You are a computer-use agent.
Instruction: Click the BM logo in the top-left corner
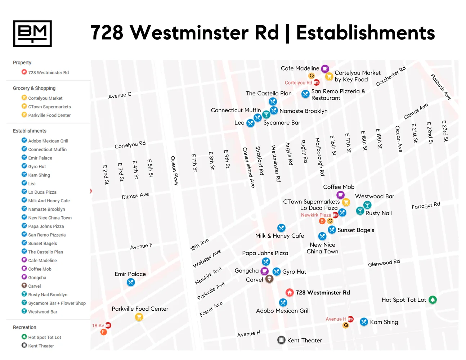tap(32, 33)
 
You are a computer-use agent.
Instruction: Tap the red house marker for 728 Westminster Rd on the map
tap(290, 292)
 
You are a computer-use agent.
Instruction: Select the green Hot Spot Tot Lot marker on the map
tap(433, 300)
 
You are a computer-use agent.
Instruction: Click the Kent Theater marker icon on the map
tap(281, 340)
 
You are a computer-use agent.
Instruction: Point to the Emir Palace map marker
tap(131, 282)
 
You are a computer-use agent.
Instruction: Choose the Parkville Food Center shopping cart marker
tap(139, 317)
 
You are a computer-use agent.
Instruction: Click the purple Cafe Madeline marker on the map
tap(325, 68)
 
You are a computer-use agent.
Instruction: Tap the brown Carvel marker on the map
tap(269, 279)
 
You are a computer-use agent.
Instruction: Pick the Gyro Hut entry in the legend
tap(37, 167)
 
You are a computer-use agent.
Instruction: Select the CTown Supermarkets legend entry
tap(49, 107)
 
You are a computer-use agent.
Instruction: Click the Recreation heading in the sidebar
tap(24, 327)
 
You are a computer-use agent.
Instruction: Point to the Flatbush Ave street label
tap(441, 87)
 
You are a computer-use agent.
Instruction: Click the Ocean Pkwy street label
tap(174, 170)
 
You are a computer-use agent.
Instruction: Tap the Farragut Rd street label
tap(426, 206)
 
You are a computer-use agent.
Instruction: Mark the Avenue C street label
tap(120, 95)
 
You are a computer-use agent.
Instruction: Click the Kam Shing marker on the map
tap(364, 322)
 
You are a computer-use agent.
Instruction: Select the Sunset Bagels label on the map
tap(355, 230)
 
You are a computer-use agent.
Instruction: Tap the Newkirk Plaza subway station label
tap(316, 215)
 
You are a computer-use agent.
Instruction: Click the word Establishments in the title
tap(365, 33)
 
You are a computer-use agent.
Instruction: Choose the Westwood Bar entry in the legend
tap(42, 312)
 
